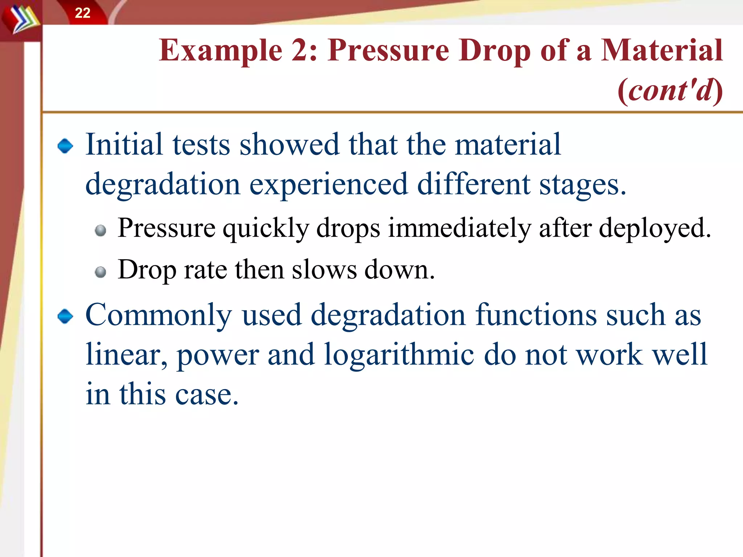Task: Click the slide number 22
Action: click(82, 13)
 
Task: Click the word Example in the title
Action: click(221, 51)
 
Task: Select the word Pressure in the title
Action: click(389, 51)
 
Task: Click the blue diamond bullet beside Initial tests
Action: click(65, 146)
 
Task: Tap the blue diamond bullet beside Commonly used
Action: click(65, 316)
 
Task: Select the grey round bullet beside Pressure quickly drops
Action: click(100, 231)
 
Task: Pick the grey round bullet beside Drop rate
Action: click(100, 272)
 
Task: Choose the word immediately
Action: click(459, 228)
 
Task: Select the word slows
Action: click(324, 270)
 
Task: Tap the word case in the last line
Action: click(207, 394)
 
